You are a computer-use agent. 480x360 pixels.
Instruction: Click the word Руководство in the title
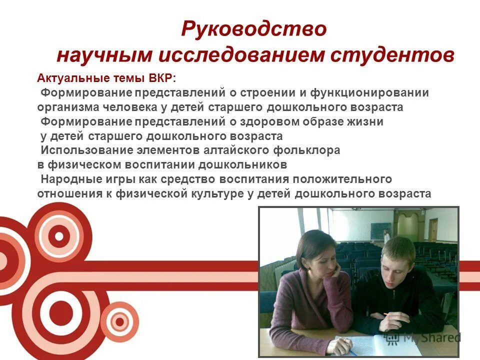point(253,28)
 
